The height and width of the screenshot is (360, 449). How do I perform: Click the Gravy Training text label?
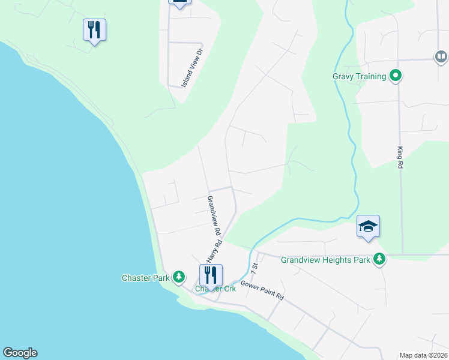[359, 76]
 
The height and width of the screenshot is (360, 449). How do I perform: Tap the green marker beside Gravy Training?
[395, 76]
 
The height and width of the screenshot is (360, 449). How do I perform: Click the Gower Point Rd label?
[262, 290]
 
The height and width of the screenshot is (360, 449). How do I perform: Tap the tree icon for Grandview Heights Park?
[379, 259]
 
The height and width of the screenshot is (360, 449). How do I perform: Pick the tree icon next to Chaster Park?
[178, 277]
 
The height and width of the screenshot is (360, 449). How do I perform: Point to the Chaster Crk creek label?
[216, 289]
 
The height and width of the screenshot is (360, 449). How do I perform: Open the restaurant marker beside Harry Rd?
[211, 275]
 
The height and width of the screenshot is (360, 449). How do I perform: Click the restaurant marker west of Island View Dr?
[94, 29]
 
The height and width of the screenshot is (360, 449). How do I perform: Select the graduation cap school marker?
[368, 226]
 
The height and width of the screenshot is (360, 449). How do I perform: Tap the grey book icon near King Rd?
[441, 56]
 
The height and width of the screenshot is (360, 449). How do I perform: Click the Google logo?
[20, 353]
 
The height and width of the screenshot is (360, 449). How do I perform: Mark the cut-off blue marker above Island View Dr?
[179, 2]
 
